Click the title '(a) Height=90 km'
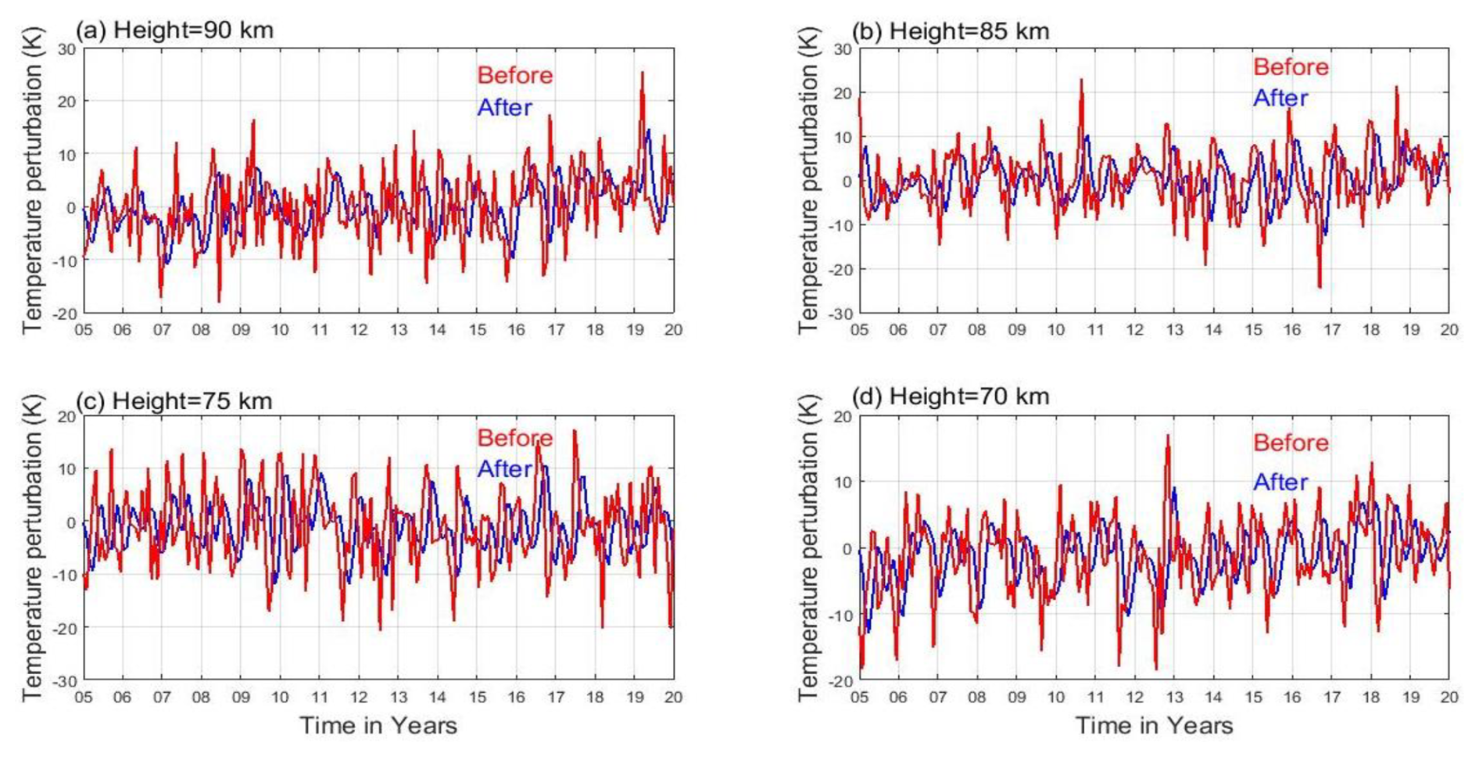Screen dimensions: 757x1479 tap(174, 30)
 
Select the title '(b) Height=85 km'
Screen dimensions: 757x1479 tap(950, 31)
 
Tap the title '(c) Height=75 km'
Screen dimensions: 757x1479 tap(174, 401)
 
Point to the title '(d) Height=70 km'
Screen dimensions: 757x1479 tap(950, 396)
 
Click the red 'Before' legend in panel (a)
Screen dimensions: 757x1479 tap(515, 76)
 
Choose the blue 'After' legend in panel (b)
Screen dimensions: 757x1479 tap(1280, 99)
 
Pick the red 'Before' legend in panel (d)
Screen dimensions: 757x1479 tap(1291, 443)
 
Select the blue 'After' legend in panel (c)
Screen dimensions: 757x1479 tap(504, 469)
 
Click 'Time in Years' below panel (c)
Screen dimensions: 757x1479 tap(378, 726)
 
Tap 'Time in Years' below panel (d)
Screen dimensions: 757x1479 tap(1154, 726)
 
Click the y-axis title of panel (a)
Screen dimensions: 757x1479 tap(33, 181)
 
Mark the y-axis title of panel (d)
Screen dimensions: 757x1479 tap(808, 547)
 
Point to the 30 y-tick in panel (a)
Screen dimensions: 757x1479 tap(67, 49)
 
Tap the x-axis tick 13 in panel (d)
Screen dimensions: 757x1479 tap(1174, 698)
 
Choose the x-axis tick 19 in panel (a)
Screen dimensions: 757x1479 tap(635, 330)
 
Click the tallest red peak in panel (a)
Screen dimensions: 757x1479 tap(643, 73)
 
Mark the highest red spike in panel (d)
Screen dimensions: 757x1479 tap(1168, 436)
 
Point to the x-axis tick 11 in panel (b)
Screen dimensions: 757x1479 tap(1095, 330)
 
